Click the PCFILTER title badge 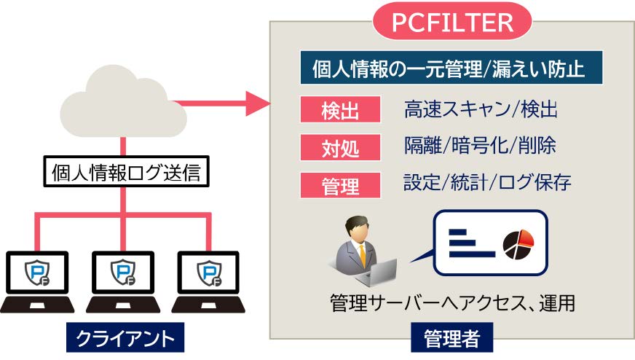click(453, 22)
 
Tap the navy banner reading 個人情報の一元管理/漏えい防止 click(451, 69)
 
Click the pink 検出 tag click(341, 110)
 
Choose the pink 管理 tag click(341, 185)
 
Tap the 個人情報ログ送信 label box click(125, 174)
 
